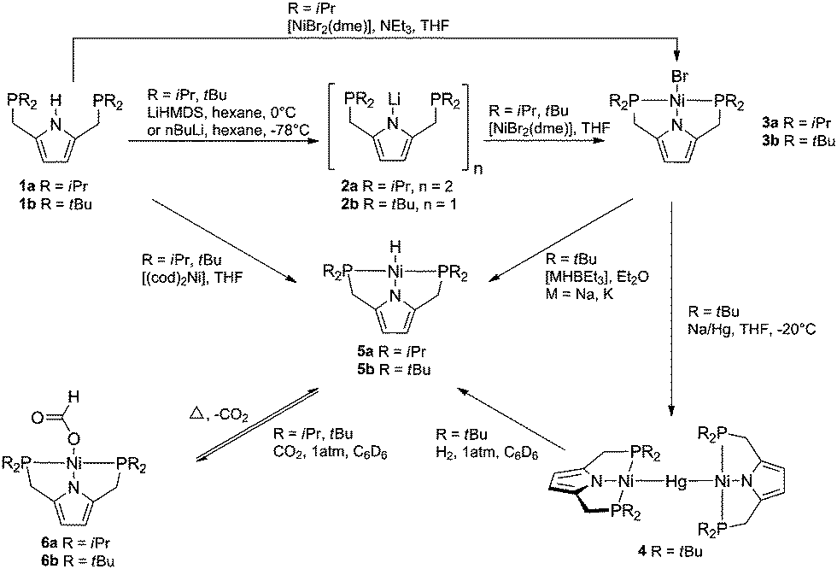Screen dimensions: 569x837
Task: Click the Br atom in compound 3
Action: pos(695,85)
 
